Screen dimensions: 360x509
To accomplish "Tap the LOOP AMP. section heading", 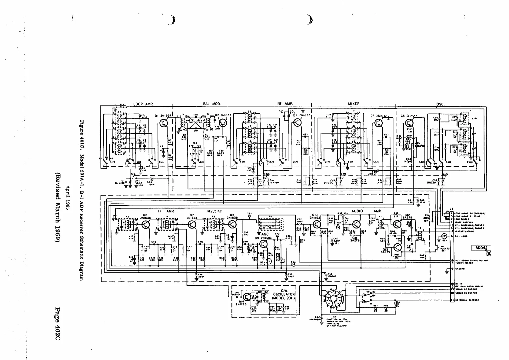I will [x=143, y=104].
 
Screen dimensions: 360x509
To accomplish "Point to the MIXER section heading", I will [x=354, y=104].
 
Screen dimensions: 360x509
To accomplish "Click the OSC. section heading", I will [x=440, y=104].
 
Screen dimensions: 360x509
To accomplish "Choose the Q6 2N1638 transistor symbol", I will [x=145, y=225].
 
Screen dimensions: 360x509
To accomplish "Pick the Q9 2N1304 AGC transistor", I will [x=264, y=245].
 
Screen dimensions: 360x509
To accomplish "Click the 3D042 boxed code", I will [x=481, y=248].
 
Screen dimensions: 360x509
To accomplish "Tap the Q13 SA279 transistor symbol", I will [x=398, y=247].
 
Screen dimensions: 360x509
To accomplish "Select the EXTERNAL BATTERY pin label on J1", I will [x=465, y=300].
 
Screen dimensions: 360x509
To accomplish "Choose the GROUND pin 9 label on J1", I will [x=460, y=268].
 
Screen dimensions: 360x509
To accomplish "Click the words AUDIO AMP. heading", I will [x=366, y=211].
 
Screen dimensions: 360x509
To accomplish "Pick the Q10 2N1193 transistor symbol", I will [x=317, y=225].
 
